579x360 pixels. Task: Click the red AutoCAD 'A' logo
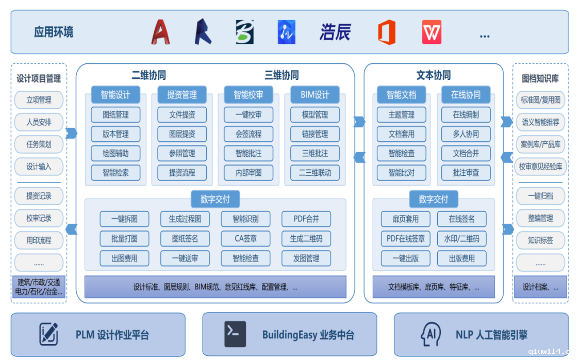pos(161,32)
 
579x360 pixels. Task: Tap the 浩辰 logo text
pos(335,32)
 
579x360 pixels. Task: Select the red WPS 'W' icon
pos(432,32)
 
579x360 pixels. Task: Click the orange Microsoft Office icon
pos(387,32)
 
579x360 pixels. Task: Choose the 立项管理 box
pos(39,100)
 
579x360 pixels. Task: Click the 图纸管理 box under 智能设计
pos(115,114)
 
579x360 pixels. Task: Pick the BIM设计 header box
pos(315,95)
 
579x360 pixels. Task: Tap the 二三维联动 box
pos(315,173)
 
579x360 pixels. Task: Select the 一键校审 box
pos(249,114)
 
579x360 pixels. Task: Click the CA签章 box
pos(245,238)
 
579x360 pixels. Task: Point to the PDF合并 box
pos(306,219)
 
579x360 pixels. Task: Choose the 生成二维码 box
pos(306,238)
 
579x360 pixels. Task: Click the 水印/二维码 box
pos(461,238)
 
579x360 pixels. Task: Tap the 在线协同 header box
pos(466,95)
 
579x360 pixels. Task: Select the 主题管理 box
pos(401,114)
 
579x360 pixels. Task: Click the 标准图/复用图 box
pos(540,100)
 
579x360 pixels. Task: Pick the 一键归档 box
pos(540,196)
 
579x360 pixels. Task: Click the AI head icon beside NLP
pos(431,334)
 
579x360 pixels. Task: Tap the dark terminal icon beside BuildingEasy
pos(235,334)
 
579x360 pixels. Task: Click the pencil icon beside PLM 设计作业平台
pos(49,334)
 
